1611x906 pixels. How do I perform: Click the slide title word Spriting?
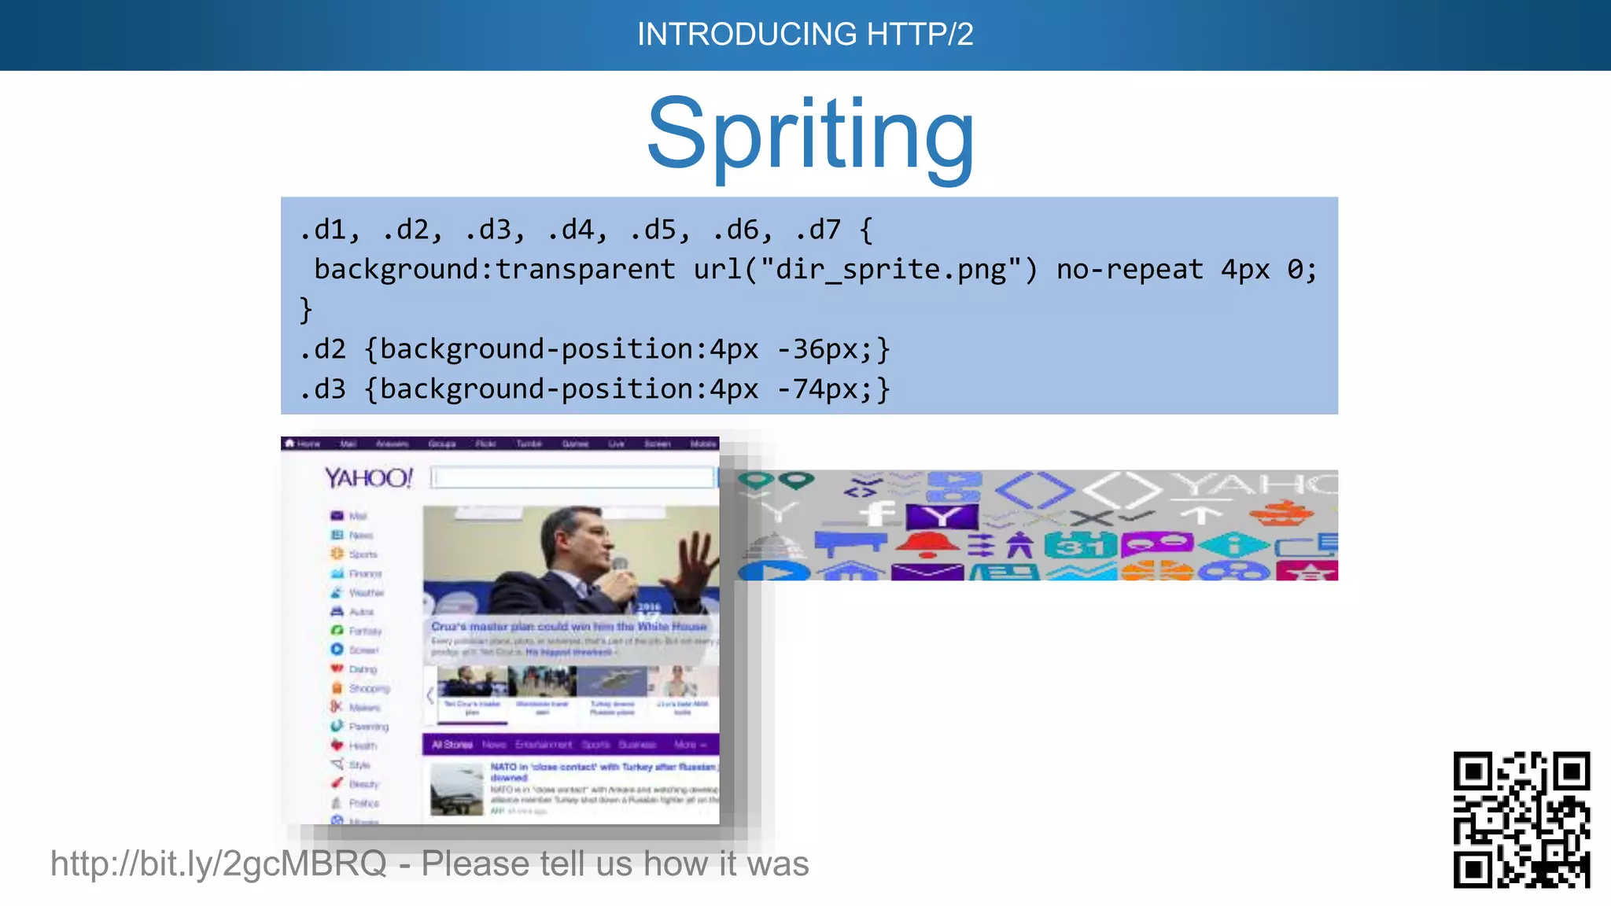click(810, 135)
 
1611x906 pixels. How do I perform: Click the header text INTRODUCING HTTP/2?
click(805, 34)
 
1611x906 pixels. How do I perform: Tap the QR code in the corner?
click(1521, 819)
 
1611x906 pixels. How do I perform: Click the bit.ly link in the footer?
click(218, 864)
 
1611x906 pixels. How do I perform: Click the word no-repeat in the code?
click(1129, 270)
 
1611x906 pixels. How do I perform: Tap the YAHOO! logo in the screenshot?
click(368, 477)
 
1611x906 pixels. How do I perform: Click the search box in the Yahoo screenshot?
click(573, 477)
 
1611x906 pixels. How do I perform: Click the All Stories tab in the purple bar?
click(452, 744)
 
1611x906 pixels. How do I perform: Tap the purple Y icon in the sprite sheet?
click(942, 517)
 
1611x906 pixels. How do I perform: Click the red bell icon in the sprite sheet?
click(927, 543)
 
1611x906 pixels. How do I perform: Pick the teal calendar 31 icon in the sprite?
click(1080, 544)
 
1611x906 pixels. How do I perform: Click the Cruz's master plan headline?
click(568, 627)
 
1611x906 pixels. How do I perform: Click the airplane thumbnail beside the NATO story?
click(456, 790)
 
